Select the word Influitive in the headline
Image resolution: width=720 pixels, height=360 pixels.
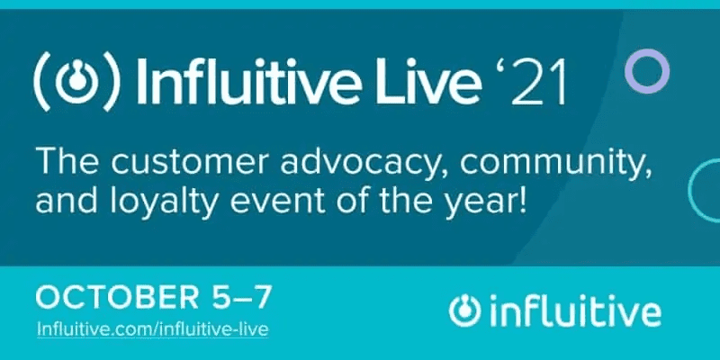tap(240, 80)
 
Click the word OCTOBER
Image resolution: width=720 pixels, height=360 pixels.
tap(117, 297)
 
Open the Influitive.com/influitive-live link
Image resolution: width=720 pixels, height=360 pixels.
tap(152, 329)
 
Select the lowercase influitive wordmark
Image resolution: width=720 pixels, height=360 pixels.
tap(575, 310)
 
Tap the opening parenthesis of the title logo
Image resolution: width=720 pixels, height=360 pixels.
tap(42, 81)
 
